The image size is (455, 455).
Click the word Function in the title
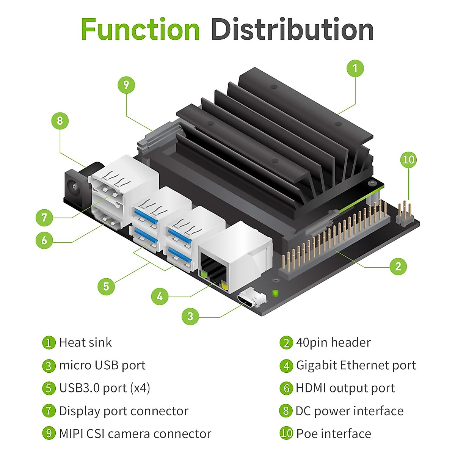pos(140,30)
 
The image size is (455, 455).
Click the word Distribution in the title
pos(292,30)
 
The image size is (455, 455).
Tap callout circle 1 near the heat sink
pos(355,69)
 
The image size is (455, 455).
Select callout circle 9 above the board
pos(126,85)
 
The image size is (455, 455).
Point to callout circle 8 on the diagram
pos(60,121)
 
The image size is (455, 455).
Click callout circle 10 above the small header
pos(408,160)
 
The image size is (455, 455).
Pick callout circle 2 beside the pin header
pos(398,266)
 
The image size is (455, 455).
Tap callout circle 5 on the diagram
pos(106,286)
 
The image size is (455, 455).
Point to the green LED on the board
pos(275,293)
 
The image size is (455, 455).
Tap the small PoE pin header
pos(405,214)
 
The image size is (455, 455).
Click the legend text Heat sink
pos(85,342)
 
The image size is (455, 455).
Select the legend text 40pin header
pos(333,342)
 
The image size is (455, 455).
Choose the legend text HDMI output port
pos(345,388)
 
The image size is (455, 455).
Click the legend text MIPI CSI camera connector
pos(135,433)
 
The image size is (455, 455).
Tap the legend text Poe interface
pos(334,433)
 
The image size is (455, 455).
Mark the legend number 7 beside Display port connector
pos(49,411)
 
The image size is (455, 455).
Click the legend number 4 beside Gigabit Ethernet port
pos(286,366)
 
